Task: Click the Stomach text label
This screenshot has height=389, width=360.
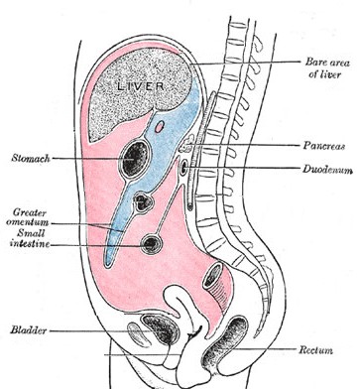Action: (x=32, y=158)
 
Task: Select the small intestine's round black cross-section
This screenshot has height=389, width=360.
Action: (x=151, y=242)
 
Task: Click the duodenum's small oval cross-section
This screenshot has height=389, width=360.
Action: (x=185, y=168)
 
